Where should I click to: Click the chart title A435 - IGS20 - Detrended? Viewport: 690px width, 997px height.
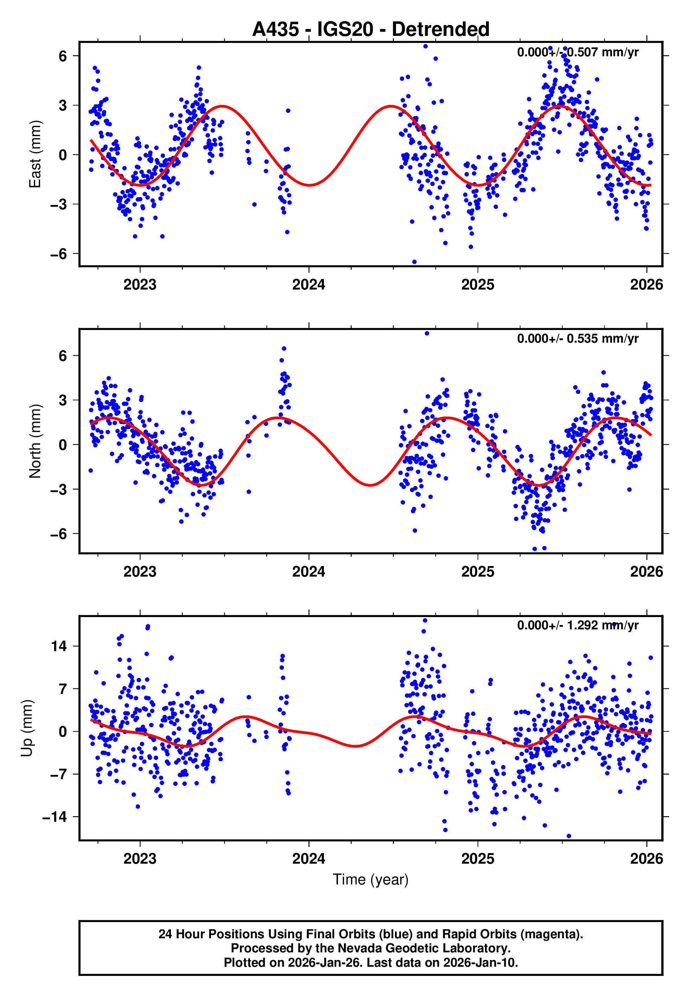click(371, 30)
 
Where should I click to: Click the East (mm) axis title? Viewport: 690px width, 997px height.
click(34, 154)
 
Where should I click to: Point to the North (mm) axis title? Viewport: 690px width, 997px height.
click(34, 441)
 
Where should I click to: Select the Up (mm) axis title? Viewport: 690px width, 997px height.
click(27, 728)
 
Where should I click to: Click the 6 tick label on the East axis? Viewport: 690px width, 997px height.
click(63, 56)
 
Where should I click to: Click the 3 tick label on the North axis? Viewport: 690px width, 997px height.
click(63, 400)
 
